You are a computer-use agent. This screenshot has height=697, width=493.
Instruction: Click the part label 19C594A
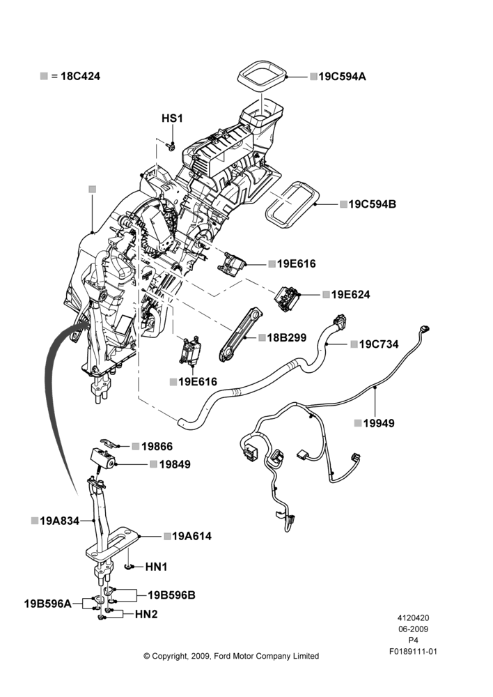click(342, 77)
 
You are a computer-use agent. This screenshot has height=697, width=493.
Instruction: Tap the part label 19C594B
click(373, 204)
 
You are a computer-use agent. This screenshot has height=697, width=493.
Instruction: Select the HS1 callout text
click(172, 118)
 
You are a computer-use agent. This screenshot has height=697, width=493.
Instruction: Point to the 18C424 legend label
click(80, 76)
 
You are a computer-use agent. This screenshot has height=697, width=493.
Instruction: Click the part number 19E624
click(350, 294)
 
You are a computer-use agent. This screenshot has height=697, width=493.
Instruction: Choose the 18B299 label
click(286, 338)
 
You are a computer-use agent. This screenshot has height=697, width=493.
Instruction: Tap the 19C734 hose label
click(378, 344)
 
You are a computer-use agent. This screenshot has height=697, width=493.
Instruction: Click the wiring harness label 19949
click(379, 423)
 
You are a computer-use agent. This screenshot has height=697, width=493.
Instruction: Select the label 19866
click(157, 446)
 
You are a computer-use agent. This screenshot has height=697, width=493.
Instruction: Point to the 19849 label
click(175, 464)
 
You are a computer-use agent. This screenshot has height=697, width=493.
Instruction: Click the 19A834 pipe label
click(59, 521)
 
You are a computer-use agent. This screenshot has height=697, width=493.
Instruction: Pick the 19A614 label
click(192, 536)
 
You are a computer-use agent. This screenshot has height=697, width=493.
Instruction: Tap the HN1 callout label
click(157, 567)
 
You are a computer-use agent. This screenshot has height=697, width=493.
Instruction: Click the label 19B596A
click(47, 604)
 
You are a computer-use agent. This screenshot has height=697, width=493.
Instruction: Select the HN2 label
click(146, 614)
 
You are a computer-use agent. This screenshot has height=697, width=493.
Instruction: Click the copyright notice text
click(231, 656)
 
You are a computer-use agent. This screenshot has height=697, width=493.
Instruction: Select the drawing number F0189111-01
click(413, 652)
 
